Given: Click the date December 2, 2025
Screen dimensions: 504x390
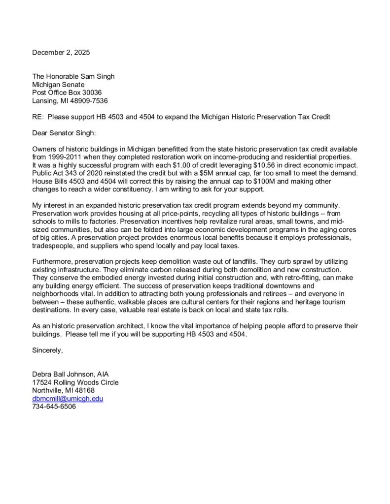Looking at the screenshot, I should click(61, 52).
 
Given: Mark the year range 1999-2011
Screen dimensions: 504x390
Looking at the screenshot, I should click(68, 157).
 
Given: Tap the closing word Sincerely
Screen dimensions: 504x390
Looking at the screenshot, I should click(48, 350).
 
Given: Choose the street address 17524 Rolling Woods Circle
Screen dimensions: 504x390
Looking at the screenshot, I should click(75, 382).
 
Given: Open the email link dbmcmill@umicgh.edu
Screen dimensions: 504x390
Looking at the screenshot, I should click(68, 398).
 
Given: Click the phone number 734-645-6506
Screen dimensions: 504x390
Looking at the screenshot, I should click(54, 406).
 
